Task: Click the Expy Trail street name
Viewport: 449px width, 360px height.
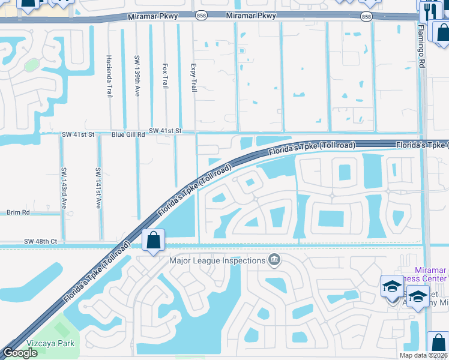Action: coord(193,77)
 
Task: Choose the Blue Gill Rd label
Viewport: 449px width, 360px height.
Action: coord(128,135)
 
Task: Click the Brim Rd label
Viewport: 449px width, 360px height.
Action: coord(18,212)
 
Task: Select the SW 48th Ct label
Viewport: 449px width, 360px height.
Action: coord(40,241)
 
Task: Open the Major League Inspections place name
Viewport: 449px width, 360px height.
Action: coord(217,260)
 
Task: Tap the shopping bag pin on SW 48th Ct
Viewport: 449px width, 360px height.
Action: coord(153,241)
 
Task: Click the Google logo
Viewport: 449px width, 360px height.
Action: coord(20,353)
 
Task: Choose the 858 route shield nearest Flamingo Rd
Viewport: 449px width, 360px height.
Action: coord(366,17)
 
